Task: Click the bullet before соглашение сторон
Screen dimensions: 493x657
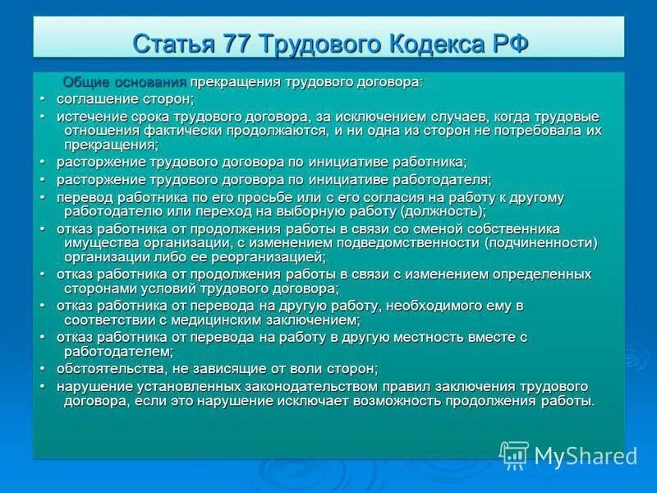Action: click(x=43, y=99)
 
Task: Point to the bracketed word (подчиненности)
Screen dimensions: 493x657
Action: click(x=540, y=242)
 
